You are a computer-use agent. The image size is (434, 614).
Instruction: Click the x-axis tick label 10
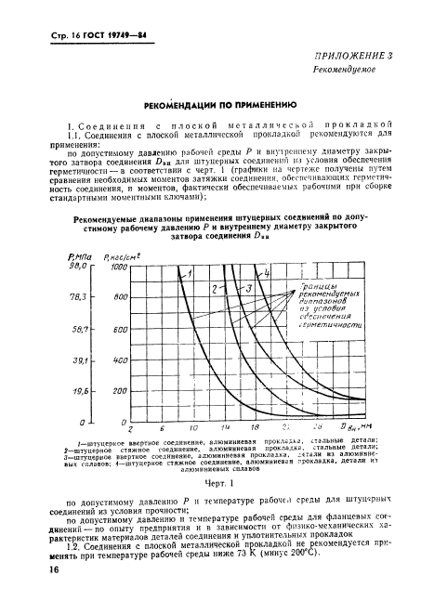click(x=193, y=429)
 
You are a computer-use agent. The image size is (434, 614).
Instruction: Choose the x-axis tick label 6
click(x=162, y=429)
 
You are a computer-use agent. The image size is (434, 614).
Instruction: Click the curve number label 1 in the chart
click(x=189, y=273)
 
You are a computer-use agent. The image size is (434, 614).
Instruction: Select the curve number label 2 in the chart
click(x=215, y=290)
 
